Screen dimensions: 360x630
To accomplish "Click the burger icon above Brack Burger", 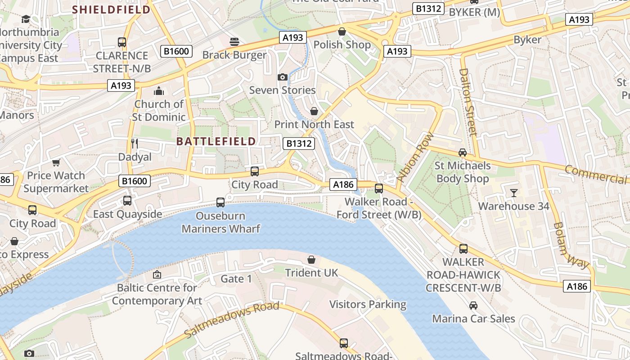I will coord(234,42).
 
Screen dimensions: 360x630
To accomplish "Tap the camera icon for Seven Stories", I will coord(283,77).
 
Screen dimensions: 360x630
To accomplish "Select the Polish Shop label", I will coord(342,45).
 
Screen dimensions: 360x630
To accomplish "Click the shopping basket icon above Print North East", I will coord(314,111).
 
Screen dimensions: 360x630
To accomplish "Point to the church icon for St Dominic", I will coord(158,91).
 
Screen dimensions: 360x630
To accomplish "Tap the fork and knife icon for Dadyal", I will coord(134,144).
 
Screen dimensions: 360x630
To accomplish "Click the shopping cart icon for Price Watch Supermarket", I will coord(56,162).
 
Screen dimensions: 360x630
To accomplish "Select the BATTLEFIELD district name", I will coord(216,141).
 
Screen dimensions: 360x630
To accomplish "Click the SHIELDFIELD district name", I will coord(111,9).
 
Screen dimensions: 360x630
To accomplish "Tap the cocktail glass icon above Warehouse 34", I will coord(513,193).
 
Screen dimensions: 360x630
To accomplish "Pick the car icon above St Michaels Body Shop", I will coord(462,153).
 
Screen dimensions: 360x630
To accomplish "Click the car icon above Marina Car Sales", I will coord(473,306).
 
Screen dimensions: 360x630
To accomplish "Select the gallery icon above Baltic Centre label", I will coord(157,274).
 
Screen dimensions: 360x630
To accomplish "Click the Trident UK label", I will coord(311,273).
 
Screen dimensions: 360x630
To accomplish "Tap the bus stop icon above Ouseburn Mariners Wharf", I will coord(220,202).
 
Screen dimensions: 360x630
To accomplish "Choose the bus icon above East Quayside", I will coord(127,200).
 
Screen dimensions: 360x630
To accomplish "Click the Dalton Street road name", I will coord(468,102).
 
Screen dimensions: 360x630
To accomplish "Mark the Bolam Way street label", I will coord(570,246).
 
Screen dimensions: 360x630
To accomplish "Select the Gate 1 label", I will coord(236,279).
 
